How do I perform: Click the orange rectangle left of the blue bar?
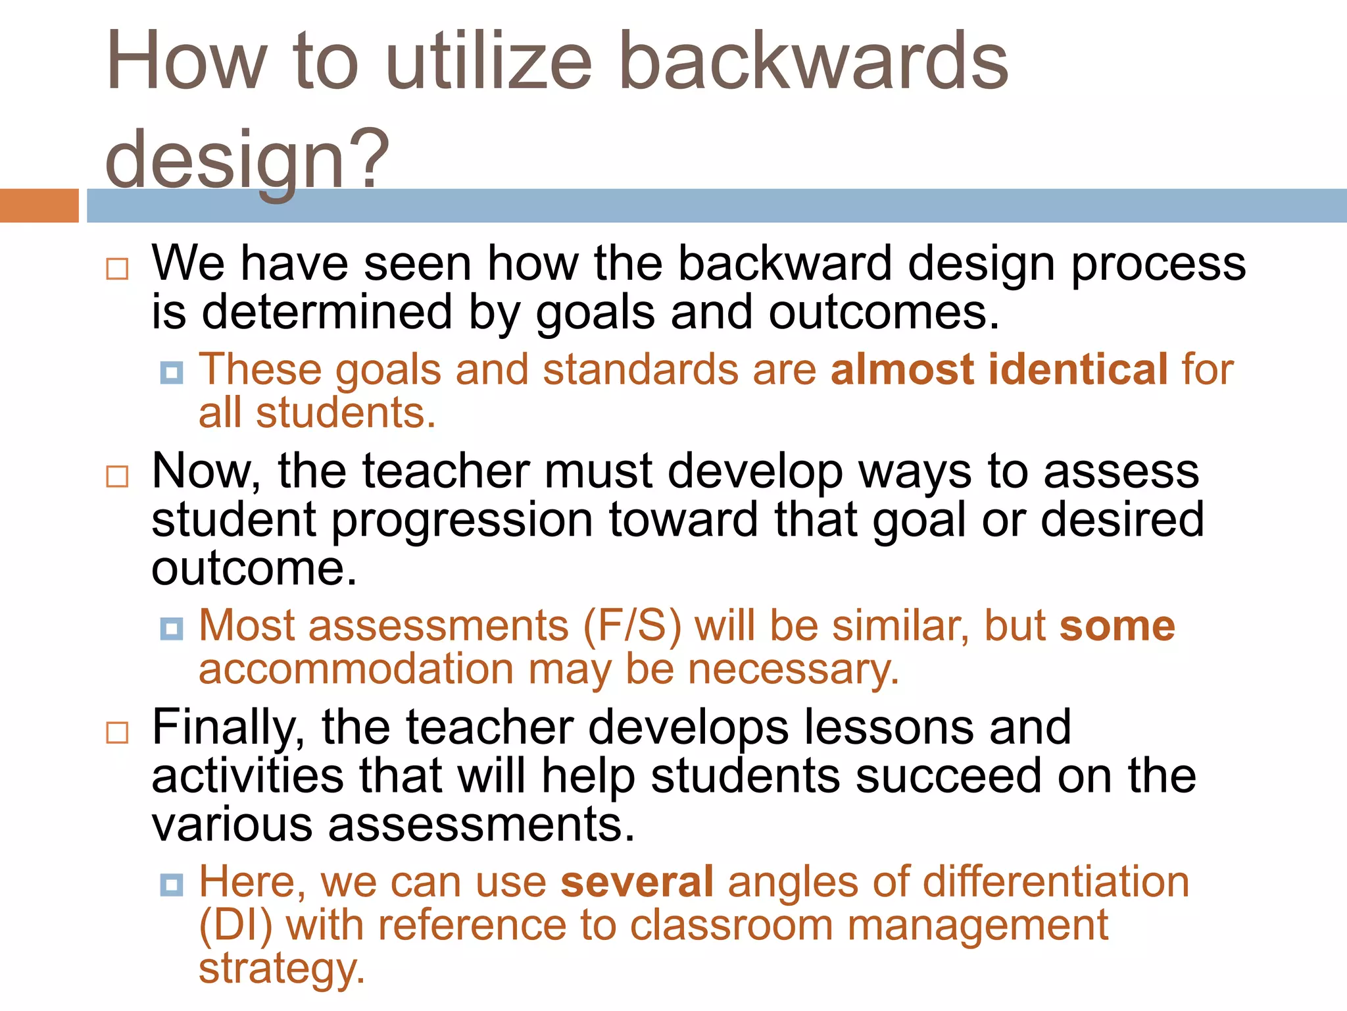point(39,205)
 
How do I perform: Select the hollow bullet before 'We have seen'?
point(117,269)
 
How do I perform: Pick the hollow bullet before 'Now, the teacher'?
point(117,476)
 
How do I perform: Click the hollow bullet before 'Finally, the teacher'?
point(117,732)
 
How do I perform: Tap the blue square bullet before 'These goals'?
point(172,373)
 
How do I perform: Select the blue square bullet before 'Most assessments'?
point(172,629)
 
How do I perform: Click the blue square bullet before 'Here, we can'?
point(172,885)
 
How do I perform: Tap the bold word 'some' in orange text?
point(1117,625)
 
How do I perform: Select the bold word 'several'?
point(637,881)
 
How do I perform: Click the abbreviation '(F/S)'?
point(632,625)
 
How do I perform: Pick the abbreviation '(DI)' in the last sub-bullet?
point(235,925)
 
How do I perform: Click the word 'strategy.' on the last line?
point(282,969)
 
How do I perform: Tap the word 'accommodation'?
point(356,669)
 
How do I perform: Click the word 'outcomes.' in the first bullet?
point(884,312)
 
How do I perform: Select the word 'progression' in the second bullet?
point(462,519)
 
